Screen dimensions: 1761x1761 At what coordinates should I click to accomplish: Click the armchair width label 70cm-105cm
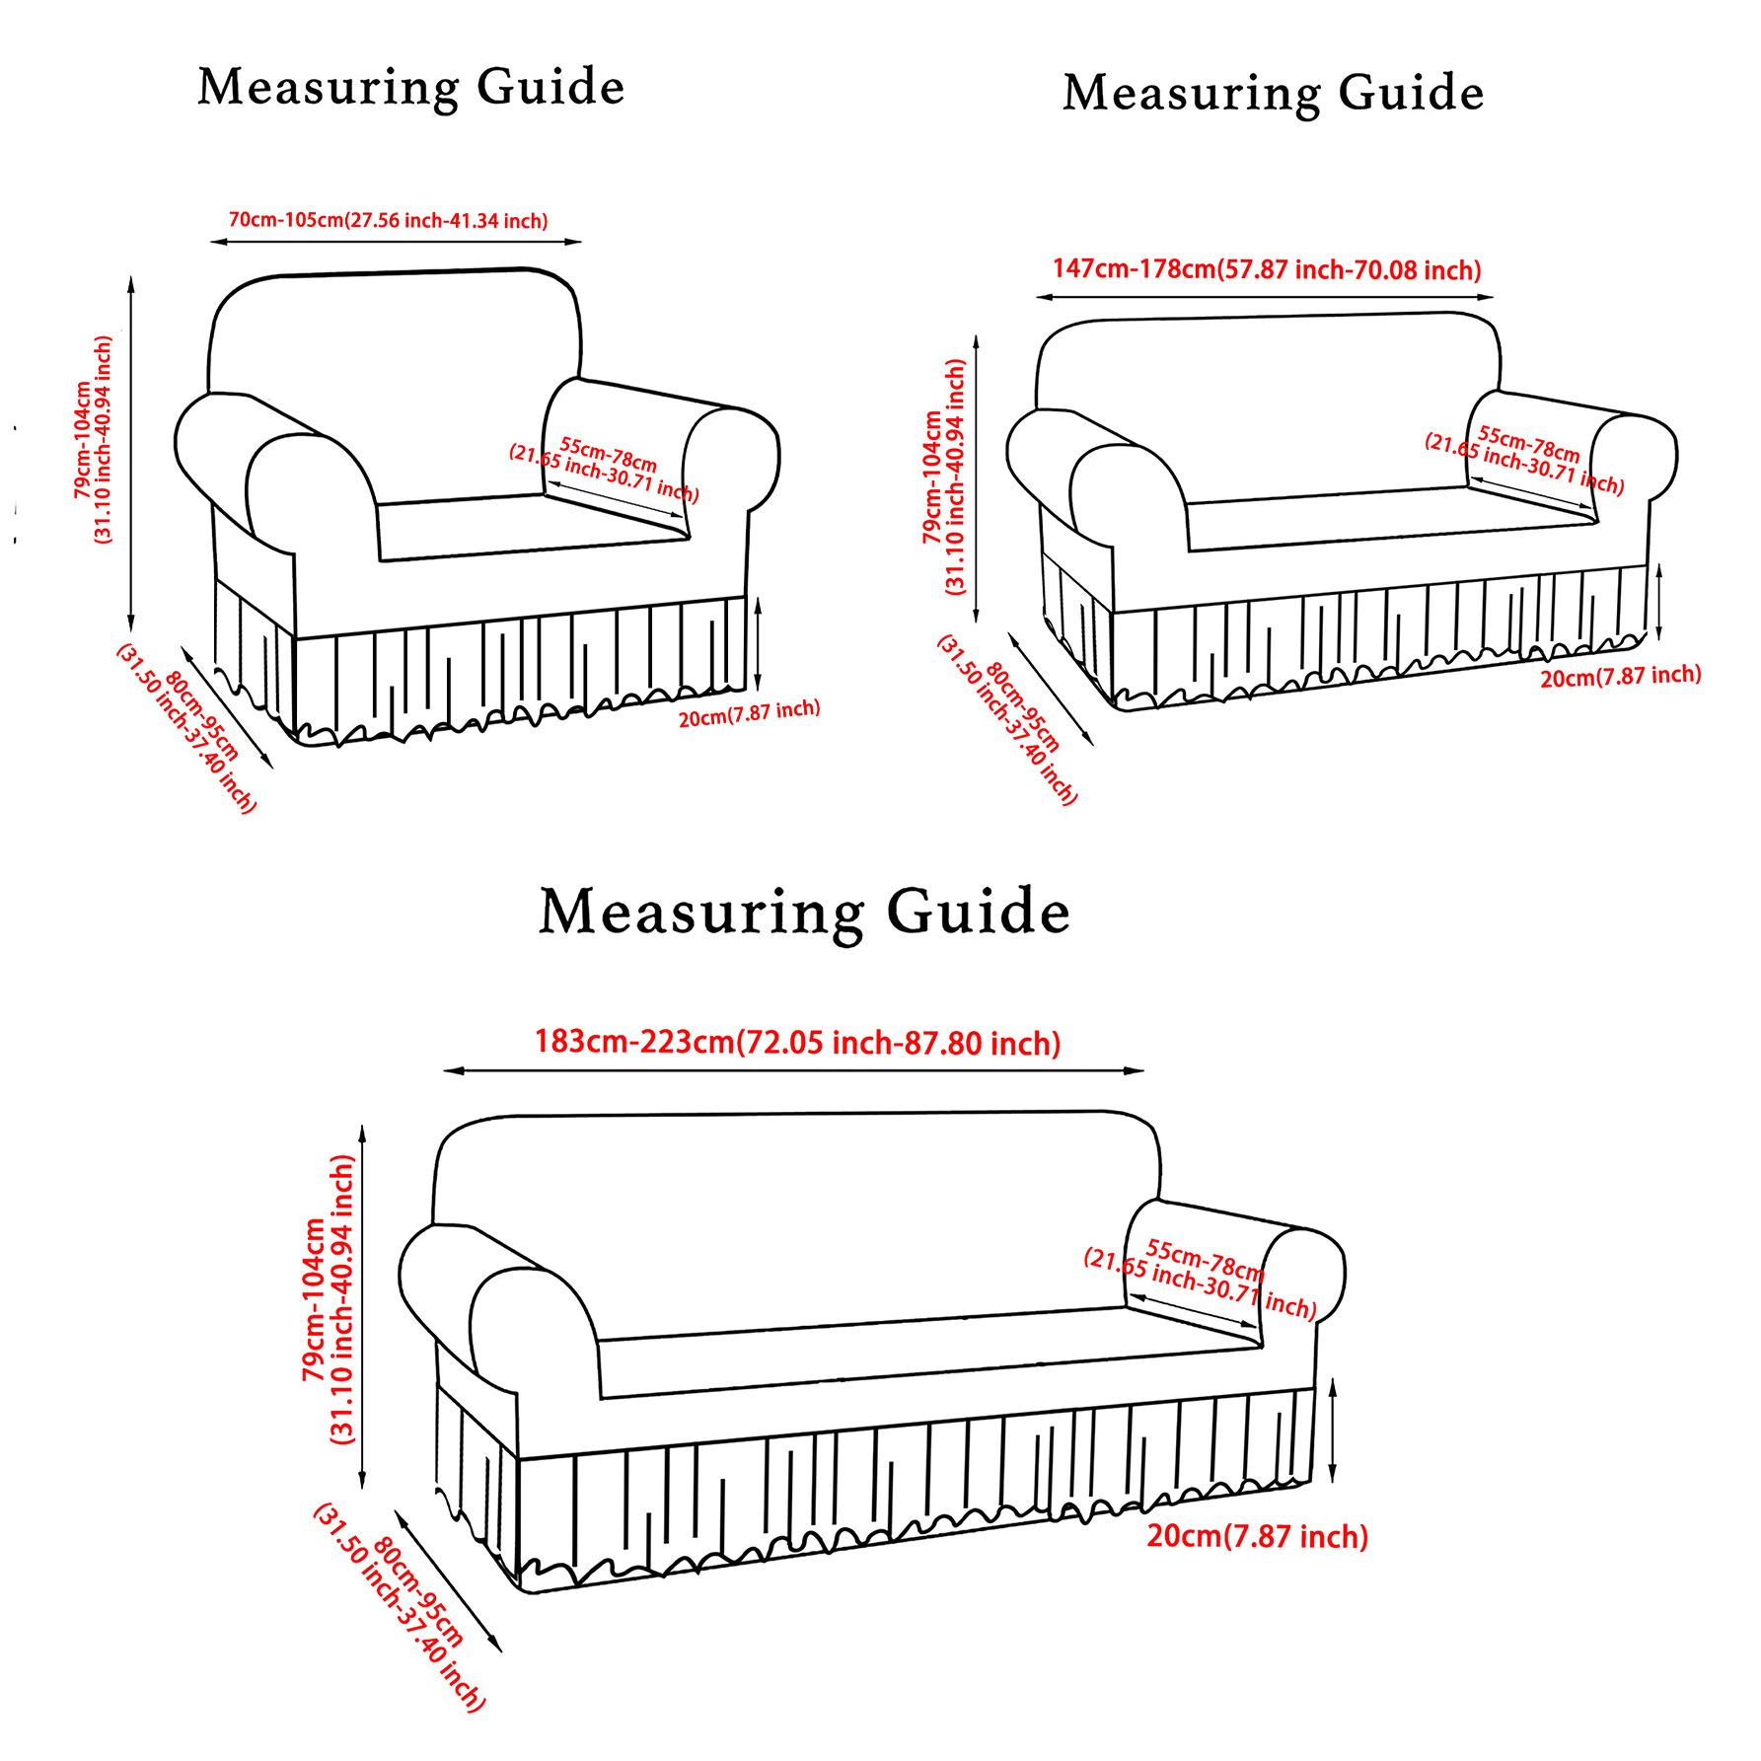388,220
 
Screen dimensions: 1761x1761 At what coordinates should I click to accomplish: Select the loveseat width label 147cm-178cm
1267,269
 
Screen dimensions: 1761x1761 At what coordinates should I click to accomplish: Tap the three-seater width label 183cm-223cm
797,1043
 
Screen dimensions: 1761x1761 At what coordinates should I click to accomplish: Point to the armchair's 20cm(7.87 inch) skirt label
749,713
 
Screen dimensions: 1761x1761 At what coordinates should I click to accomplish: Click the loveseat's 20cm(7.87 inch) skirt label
1620,677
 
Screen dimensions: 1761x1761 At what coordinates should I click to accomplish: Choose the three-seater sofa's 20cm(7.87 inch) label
1257,1536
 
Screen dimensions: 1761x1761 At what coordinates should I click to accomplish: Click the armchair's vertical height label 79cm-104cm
94,440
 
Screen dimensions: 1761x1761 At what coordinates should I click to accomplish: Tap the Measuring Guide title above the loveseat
1273,94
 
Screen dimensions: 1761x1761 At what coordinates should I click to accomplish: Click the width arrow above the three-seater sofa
794,1070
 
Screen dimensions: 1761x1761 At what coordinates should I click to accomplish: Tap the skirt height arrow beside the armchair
758,643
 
